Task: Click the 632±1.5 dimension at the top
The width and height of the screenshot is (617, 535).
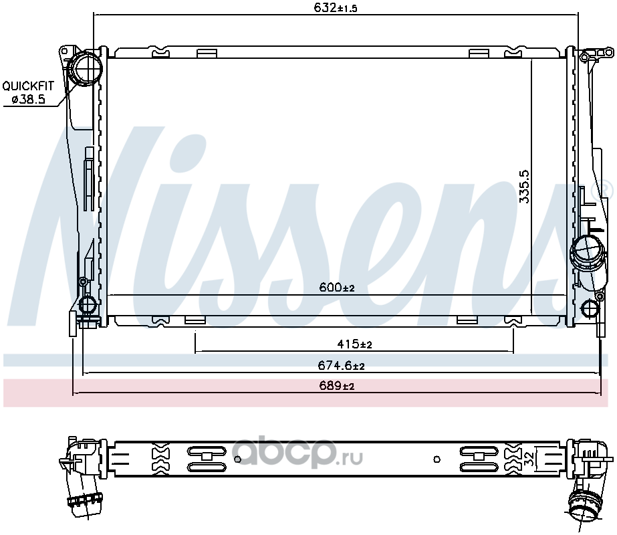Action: pyautogui.click(x=336, y=7)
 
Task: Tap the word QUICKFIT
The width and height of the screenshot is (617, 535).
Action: pyautogui.click(x=28, y=86)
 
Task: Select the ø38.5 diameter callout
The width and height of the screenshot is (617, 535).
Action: pyautogui.click(x=28, y=99)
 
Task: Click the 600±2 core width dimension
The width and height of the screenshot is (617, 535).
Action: pyautogui.click(x=337, y=288)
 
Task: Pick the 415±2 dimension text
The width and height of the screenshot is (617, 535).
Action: pyautogui.click(x=354, y=344)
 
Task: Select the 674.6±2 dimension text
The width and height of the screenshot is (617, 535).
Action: pyautogui.click(x=341, y=366)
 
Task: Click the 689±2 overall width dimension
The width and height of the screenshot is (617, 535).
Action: pyautogui.click(x=337, y=385)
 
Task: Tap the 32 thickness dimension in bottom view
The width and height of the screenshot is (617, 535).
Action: pyautogui.click(x=529, y=459)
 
